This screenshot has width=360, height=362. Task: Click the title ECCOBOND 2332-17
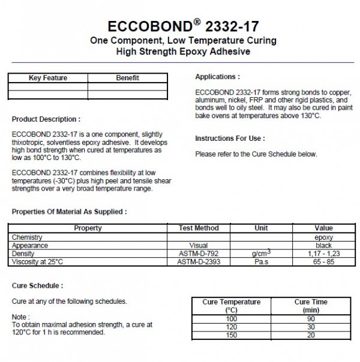pos(179,27)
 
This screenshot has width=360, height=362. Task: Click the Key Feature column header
pos(48,78)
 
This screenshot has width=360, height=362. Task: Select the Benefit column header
pos(127,78)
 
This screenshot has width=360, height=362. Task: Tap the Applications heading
pos(218,77)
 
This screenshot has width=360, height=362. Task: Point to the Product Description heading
pos(46,119)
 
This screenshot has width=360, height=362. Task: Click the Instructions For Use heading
pos(230,138)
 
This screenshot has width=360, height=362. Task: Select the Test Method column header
pos(199,228)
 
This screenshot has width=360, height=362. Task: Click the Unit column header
pos(261,228)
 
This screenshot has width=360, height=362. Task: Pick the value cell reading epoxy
pos(323,237)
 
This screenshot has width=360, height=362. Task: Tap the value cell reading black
pos(323,245)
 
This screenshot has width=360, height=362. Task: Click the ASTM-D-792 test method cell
pos(199,254)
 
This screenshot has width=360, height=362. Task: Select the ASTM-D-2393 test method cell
pos(199,262)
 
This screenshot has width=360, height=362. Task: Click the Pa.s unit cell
pos(261,262)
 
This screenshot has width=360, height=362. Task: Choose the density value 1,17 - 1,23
pos(323,254)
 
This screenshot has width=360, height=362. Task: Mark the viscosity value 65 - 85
pos(323,262)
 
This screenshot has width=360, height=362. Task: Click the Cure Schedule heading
pos(37,286)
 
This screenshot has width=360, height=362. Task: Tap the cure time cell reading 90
pos(311,319)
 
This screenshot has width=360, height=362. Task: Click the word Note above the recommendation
pos(20,316)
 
